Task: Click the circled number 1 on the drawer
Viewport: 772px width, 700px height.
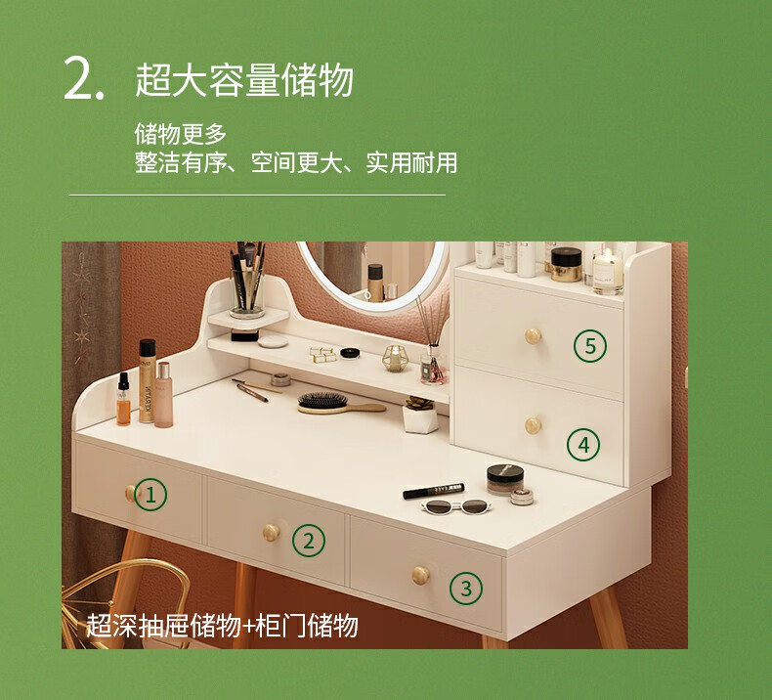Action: (150, 494)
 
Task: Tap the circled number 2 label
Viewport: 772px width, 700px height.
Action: (309, 541)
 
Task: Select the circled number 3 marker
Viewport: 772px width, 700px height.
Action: (466, 589)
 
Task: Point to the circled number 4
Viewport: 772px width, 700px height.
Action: (583, 444)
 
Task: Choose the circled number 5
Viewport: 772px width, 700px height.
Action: (590, 346)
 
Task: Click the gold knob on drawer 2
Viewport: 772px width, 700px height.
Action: (271, 533)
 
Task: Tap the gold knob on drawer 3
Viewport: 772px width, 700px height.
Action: (421, 576)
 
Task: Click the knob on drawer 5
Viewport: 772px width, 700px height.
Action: (533, 336)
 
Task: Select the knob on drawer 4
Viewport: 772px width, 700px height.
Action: (533, 425)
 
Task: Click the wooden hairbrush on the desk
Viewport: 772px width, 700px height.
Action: (341, 404)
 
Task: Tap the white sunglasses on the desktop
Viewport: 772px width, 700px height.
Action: (456, 506)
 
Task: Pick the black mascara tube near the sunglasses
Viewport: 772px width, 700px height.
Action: (433, 491)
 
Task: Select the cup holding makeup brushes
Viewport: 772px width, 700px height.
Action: (247, 295)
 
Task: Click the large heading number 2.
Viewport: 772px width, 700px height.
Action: (84, 79)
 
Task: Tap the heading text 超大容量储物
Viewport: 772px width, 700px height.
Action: (244, 80)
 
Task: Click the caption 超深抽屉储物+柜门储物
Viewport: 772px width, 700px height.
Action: (222, 626)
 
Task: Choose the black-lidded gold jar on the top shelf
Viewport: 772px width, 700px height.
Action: (566, 265)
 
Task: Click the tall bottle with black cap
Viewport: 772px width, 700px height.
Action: (147, 380)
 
